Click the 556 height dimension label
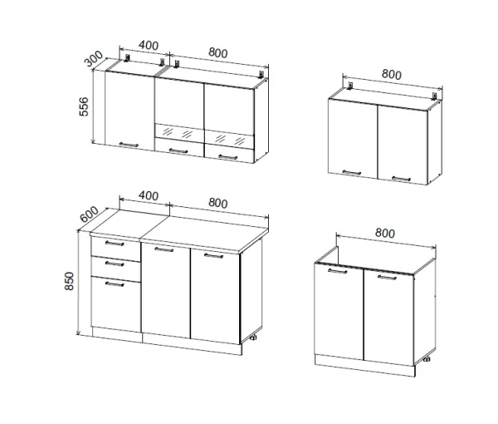[x=84, y=107]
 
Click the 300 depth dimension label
[x=94, y=58]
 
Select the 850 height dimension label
[x=69, y=281]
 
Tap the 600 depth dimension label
[x=89, y=214]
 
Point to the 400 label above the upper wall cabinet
[x=149, y=46]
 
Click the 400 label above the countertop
[x=149, y=195]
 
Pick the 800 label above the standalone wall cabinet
[x=391, y=75]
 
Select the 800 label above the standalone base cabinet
[x=385, y=233]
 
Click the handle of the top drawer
[x=115, y=244]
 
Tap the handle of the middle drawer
[x=115, y=264]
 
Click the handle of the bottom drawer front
[x=115, y=284]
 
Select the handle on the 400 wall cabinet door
[x=129, y=145]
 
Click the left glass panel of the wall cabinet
[x=179, y=133]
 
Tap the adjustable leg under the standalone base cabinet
[x=427, y=359]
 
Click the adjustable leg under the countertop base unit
[x=253, y=338]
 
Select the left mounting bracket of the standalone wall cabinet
[x=350, y=86]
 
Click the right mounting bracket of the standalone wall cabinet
[x=435, y=96]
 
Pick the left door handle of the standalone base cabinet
[x=338, y=271]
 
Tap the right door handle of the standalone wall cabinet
[x=401, y=179]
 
